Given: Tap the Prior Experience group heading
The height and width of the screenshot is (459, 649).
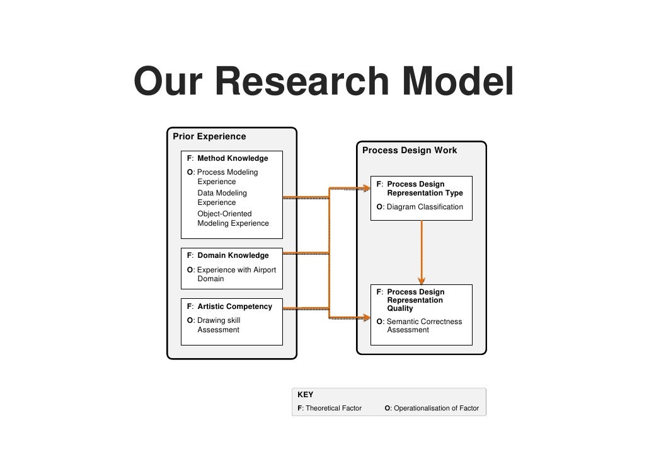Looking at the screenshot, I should pyautogui.click(x=209, y=136).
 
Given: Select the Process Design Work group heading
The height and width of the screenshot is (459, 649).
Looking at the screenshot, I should pyautogui.click(x=410, y=151).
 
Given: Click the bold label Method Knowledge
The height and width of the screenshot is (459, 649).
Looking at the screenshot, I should pyautogui.click(x=233, y=158).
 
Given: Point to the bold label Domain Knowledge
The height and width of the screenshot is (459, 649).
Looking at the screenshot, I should pyautogui.click(x=233, y=255).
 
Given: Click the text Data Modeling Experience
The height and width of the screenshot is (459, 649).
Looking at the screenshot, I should pyautogui.click(x=222, y=197).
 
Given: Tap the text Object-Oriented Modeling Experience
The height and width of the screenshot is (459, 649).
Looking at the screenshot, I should pyautogui.click(x=233, y=218).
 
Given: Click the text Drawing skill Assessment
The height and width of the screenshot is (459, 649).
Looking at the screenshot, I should pyautogui.click(x=218, y=325).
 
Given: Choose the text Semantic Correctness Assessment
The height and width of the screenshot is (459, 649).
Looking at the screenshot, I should pyautogui.click(x=423, y=325).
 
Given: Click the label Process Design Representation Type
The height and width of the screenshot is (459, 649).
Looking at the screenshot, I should pyautogui.click(x=424, y=189).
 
